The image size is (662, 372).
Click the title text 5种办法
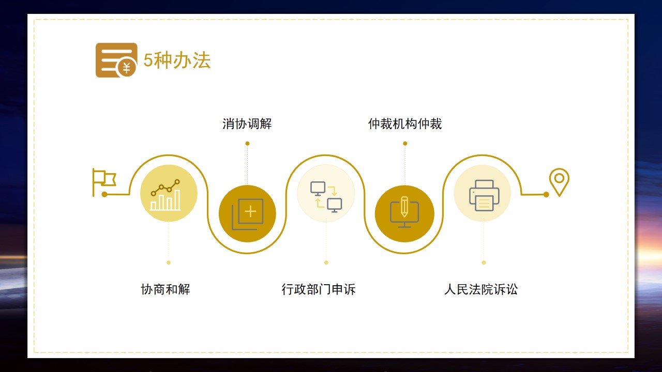click(177, 60)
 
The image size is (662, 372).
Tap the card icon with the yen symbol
click(116, 60)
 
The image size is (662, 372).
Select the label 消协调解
click(247, 123)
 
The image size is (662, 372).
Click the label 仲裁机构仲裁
click(405, 123)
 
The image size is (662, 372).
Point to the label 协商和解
click(165, 289)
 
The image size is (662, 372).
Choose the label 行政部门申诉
click(318, 289)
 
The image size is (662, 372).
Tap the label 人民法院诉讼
click(481, 289)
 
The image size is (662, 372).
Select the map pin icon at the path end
click(559, 182)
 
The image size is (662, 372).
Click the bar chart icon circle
click(169, 193)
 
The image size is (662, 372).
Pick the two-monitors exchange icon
click(326, 197)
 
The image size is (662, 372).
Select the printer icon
click(484, 195)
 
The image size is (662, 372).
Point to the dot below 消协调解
click(247, 144)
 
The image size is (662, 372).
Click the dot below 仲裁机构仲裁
click(405, 144)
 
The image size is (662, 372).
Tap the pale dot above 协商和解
click(169, 262)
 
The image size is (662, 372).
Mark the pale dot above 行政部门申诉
click(326, 262)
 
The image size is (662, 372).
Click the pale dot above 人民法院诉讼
click(484, 262)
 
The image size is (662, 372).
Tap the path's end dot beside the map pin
click(546, 195)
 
